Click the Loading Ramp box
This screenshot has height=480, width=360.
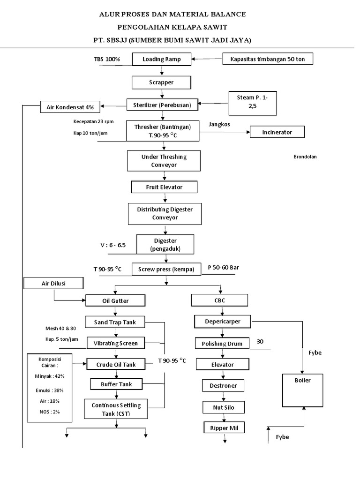(x=162, y=59)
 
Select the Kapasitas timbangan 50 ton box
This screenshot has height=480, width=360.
(x=268, y=59)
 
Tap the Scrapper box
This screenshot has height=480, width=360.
(x=162, y=82)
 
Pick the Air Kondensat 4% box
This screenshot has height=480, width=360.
(x=71, y=107)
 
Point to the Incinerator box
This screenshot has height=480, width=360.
(x=277, y=132)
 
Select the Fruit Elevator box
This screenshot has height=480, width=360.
(x=164, y=187)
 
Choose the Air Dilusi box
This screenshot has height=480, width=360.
(x=53, y=283)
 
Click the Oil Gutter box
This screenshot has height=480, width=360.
(x=115, y=300)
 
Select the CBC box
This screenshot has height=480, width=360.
(x=219, y=300)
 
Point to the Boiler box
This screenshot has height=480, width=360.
(x=302, y=390)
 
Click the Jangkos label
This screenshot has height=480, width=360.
(x=220, y=124)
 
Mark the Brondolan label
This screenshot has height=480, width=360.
(x=305, y=157)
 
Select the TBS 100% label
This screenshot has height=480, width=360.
(x=107, y=60)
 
